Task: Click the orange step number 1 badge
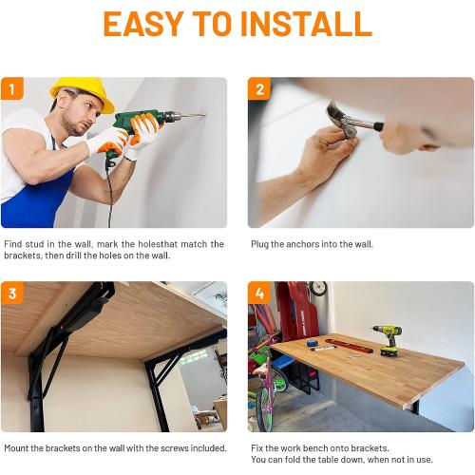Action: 12,88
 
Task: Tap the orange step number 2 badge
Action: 259,88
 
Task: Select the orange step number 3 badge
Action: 12,293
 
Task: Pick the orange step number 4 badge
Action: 259,293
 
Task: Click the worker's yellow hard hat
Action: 84,92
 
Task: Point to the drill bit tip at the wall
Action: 204,115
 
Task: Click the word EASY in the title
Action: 143,24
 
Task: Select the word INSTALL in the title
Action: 306,24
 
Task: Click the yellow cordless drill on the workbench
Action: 389,340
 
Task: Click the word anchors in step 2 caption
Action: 302,244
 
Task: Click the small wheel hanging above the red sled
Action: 317,288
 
